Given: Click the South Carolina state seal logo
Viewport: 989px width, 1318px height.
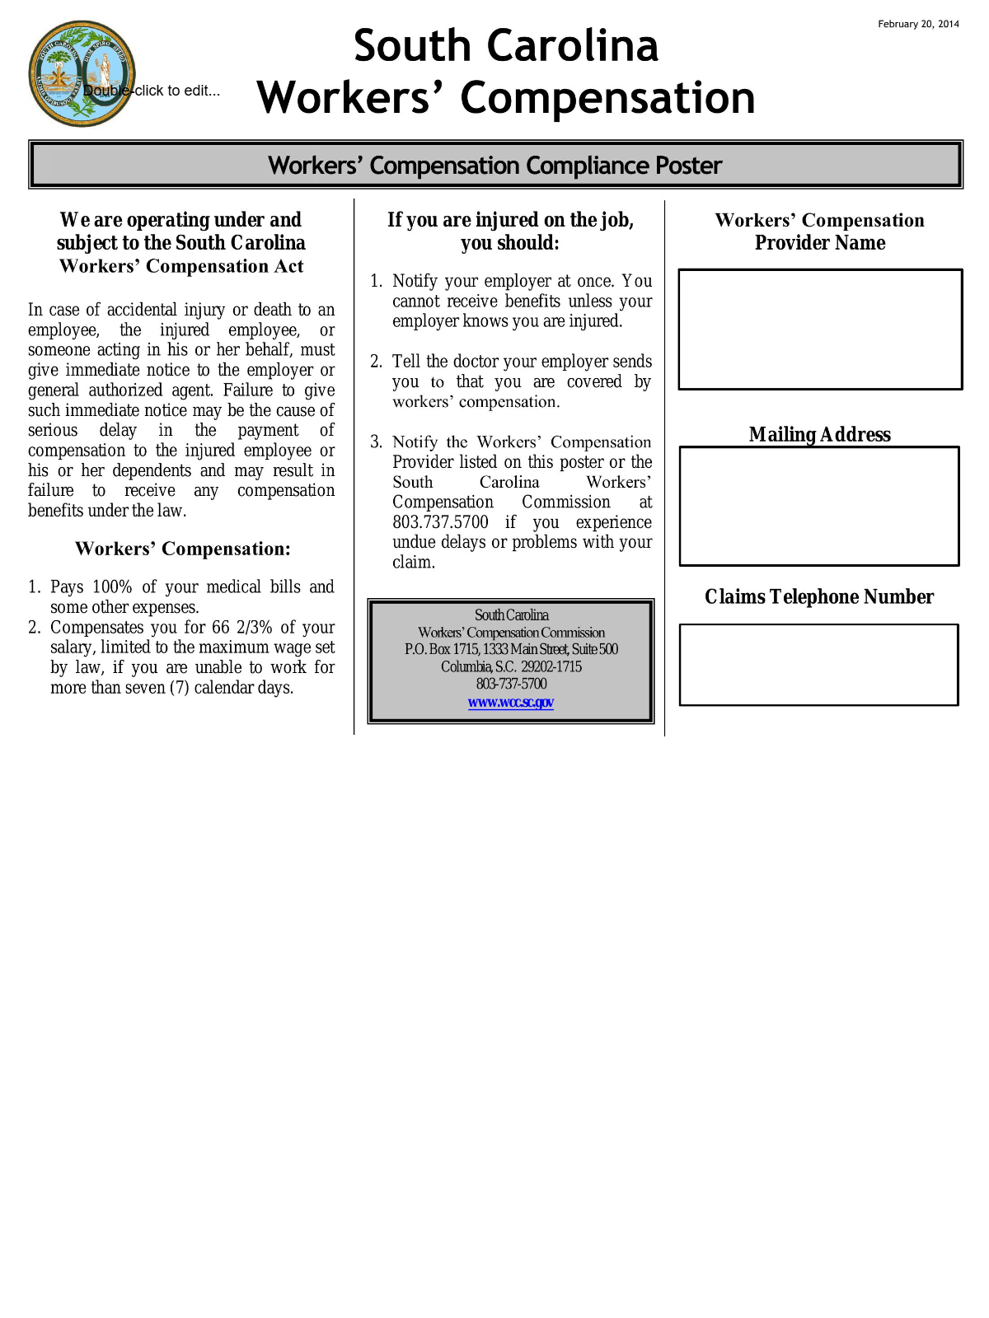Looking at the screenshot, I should [81, 74].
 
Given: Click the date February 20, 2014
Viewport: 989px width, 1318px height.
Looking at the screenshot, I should [918, 24].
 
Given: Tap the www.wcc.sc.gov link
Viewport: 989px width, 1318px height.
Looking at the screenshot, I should [511, 703].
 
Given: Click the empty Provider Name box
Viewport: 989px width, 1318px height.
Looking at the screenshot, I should [820, 329].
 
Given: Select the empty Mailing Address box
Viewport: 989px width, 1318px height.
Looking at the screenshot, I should [819, 506].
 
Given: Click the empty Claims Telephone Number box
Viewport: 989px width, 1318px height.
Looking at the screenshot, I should [818, 665].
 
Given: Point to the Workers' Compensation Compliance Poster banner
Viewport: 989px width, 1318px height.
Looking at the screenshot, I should [495, 165].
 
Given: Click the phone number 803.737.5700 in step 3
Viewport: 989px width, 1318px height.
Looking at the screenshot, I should [440, 522].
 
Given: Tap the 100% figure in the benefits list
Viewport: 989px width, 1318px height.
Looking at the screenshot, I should [112, 587].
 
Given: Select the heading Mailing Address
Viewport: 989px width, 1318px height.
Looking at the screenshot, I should [820, 434].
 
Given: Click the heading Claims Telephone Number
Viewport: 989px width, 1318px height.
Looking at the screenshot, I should [819, 596].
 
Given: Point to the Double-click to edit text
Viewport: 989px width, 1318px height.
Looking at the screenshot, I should [152, 91].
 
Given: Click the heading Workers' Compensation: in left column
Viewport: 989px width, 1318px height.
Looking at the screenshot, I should [182, 549].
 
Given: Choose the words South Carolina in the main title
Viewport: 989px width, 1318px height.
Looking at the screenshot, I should [506, 45].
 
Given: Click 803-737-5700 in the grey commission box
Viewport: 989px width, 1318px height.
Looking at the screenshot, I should [511, 684].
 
